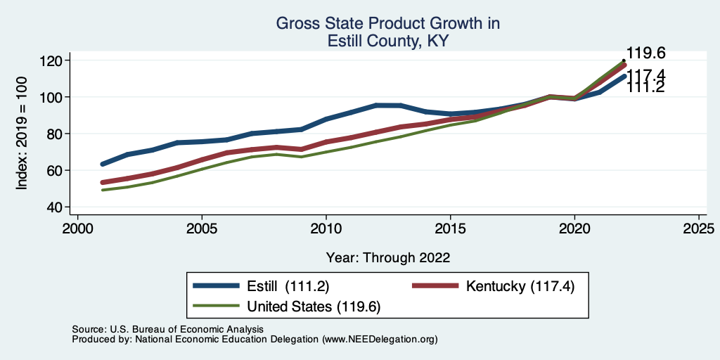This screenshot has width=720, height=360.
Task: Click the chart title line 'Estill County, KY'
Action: (x=388, y=41)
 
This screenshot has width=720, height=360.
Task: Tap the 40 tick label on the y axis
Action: (x=55, y=207)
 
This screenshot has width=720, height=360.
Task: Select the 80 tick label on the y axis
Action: (x=55, y=134)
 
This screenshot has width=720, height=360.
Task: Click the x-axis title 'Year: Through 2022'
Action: (x=388, y=257)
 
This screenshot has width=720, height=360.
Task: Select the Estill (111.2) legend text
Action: (x=288, y=285)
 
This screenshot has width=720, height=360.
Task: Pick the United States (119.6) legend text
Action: (x=313, y=307)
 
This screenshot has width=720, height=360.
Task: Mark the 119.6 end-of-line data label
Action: (x=646, y=53)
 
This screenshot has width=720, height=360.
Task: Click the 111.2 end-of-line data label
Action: (x=646, y=86)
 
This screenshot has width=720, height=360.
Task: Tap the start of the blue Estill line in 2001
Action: (x=103, y=164)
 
